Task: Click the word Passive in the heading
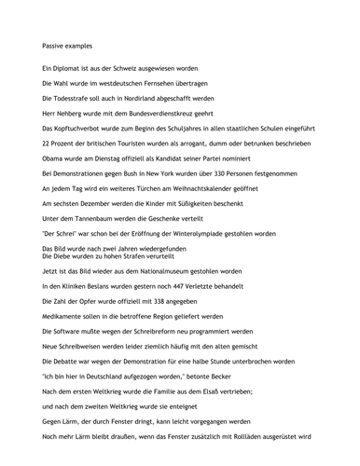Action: (55, 44)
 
